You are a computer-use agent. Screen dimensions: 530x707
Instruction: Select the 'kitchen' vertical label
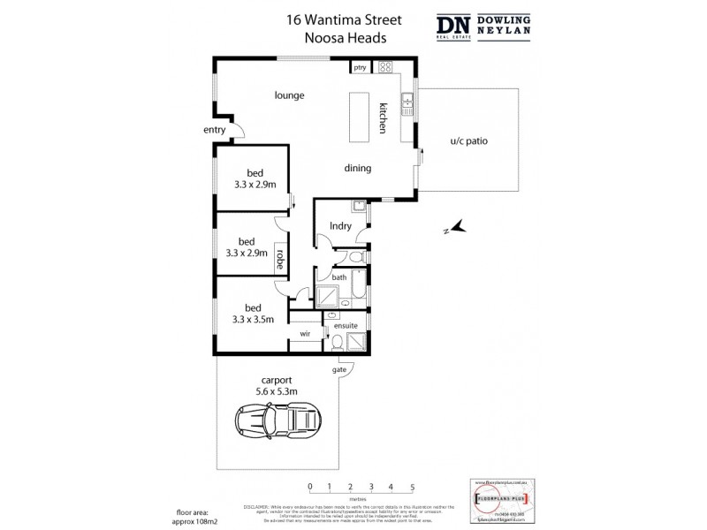tap(384, 117)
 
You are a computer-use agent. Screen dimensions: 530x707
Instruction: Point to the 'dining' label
tap(357, 169)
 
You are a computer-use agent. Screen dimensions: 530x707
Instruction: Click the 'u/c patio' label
tap(470, 140)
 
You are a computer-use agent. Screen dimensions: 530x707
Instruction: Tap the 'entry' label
tap(215, 131)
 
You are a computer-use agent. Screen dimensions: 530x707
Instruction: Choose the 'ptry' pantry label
tap(360, 67)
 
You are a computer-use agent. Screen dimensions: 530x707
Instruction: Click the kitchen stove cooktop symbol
tap(386, 67)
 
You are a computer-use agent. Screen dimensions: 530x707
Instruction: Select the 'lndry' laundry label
tap(340, 226)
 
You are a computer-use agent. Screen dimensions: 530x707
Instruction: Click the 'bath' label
tap(338, 277)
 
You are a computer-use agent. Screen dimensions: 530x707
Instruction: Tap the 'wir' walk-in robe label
tap(305, 334)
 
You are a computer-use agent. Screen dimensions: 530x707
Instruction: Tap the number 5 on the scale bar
tap(412, 487)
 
